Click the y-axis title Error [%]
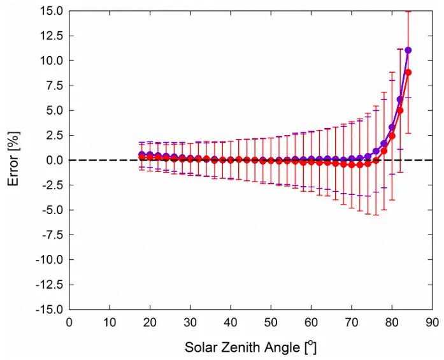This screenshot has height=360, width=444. [x=13, y=160]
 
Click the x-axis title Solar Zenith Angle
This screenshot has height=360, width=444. [x=250, y=348]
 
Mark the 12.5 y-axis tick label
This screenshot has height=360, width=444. [x=50, y=36]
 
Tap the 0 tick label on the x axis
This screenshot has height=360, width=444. [x=69, y=323]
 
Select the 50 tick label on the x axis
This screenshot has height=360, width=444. [x=271, y=323]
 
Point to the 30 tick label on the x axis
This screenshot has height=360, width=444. [x=190, y=323]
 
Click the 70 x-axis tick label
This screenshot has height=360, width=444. [x=351, y=323]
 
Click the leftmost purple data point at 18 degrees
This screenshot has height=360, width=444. [x=142, y=154]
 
